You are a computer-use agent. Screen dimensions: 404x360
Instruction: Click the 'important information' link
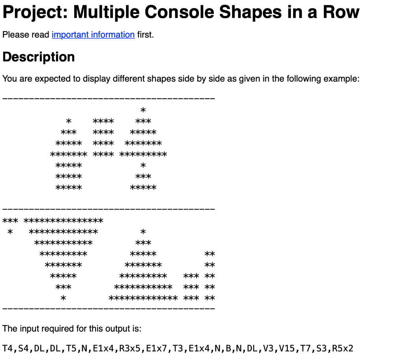click(x=93, y=35)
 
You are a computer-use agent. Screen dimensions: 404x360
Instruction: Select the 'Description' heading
click(x=39, y=57)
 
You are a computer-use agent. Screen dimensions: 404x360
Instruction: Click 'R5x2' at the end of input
click(x=343, y=349)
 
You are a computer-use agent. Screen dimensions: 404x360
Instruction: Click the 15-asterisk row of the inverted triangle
click(x=64, y=220)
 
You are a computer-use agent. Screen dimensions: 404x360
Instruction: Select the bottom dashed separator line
click(x=108, y=307)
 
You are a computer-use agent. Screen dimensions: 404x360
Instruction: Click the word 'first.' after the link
click(x=146, y=35)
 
